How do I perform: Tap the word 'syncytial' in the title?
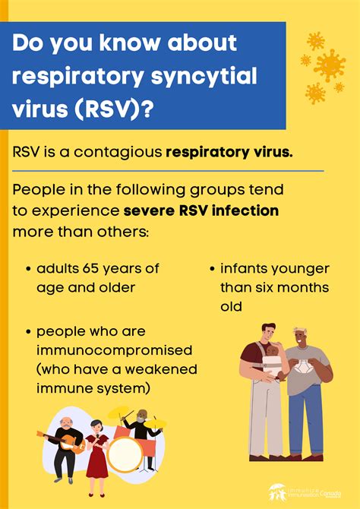point(192,76)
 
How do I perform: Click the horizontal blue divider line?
point(168,171)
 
